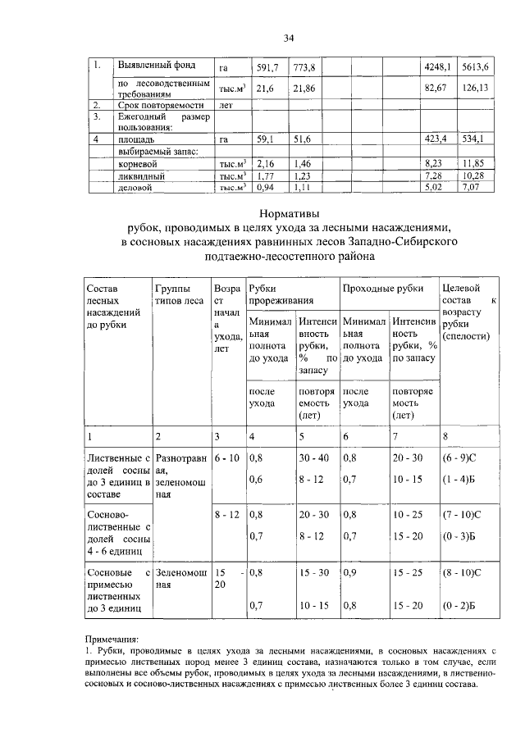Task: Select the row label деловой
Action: point(136,188)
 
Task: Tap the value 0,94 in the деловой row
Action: point(266,188)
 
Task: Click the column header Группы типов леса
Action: point(179,294)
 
